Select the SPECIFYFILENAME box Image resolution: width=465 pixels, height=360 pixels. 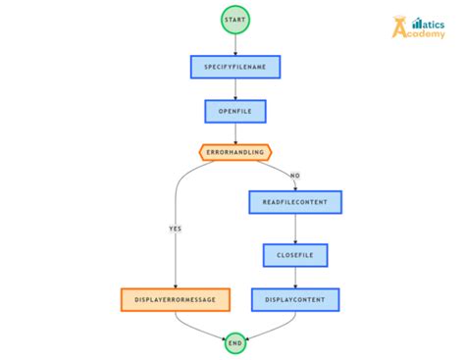[x=235, y=67]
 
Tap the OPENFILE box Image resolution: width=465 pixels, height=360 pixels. [x=235, y=111]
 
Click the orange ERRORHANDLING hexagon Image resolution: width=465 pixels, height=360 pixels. [x=235, y=152]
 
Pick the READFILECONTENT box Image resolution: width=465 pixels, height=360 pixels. [x=295, y=202]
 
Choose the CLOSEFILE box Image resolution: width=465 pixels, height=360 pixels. [x=295, y=255]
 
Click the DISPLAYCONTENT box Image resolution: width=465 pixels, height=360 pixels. [x=295, y=299]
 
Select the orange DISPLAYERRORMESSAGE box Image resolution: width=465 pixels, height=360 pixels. [x=176, y=299]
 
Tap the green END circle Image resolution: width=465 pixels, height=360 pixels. [x=235, y=342]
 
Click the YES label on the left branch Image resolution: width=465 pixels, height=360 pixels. [x=176, y=229]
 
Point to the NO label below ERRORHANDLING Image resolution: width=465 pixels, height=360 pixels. [x=294, y=175]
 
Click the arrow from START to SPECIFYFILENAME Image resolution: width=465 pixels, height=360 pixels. [x=235, y=44]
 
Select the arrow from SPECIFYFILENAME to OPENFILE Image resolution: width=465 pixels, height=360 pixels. [x=235, y=89]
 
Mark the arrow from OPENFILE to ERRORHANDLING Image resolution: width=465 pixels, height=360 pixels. [x=235, y=132]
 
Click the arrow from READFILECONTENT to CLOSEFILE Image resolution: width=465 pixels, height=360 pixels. [x=295, y=229]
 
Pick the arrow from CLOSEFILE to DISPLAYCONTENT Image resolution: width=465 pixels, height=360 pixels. [x=295, y=278]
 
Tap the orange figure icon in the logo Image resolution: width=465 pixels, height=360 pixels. [x=400, y=26]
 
